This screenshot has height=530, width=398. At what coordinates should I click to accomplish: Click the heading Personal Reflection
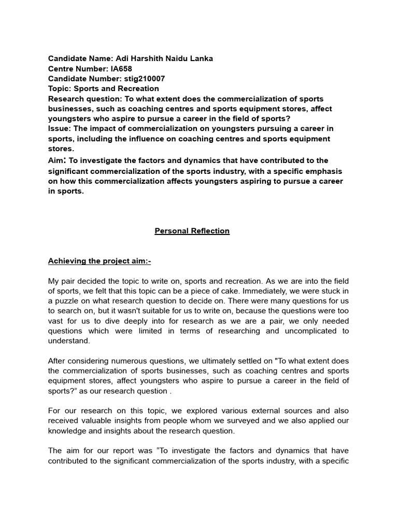pos(192,231)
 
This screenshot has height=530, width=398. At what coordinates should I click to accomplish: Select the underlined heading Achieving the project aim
pos(99,261)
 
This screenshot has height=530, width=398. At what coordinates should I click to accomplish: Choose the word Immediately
pos(267,291)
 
